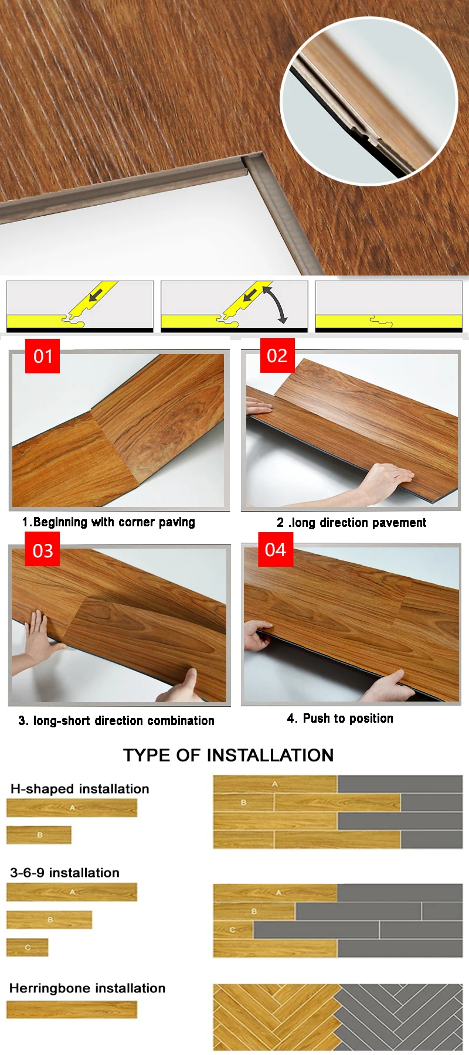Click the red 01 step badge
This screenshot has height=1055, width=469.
point(42,356)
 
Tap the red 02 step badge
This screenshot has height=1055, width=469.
point(277,355)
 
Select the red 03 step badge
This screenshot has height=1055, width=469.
point(42,550)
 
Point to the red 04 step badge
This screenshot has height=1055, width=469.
point(276,549)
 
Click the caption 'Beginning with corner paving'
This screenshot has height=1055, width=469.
point(114,522)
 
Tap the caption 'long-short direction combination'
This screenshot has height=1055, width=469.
point(124,720)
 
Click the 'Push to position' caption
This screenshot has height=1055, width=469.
point(348,719)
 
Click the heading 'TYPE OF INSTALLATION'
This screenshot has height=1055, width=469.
point(228,755)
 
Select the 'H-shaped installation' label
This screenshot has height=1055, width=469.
point(80,789)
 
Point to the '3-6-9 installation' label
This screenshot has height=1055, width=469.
point(64,873)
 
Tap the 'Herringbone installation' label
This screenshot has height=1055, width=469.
point(87,988)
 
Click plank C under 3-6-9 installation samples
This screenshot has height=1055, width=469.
point(28,947)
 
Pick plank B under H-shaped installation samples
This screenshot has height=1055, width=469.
point(39,835)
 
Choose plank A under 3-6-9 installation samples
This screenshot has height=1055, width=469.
point(72,892)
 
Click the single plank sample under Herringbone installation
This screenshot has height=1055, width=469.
point(72,1009)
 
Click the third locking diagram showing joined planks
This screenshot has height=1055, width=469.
point(389,307)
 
